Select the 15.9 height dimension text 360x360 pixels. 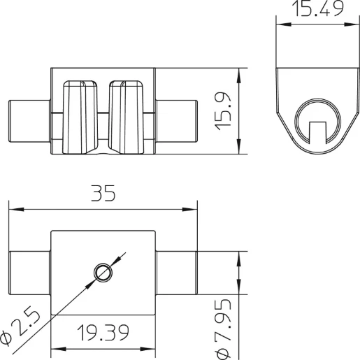223,110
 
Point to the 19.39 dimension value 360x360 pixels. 102,333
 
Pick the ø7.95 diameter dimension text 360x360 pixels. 223,328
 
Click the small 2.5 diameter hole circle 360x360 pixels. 103,272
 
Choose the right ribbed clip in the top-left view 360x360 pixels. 127,115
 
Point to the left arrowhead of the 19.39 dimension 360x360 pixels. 57,349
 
